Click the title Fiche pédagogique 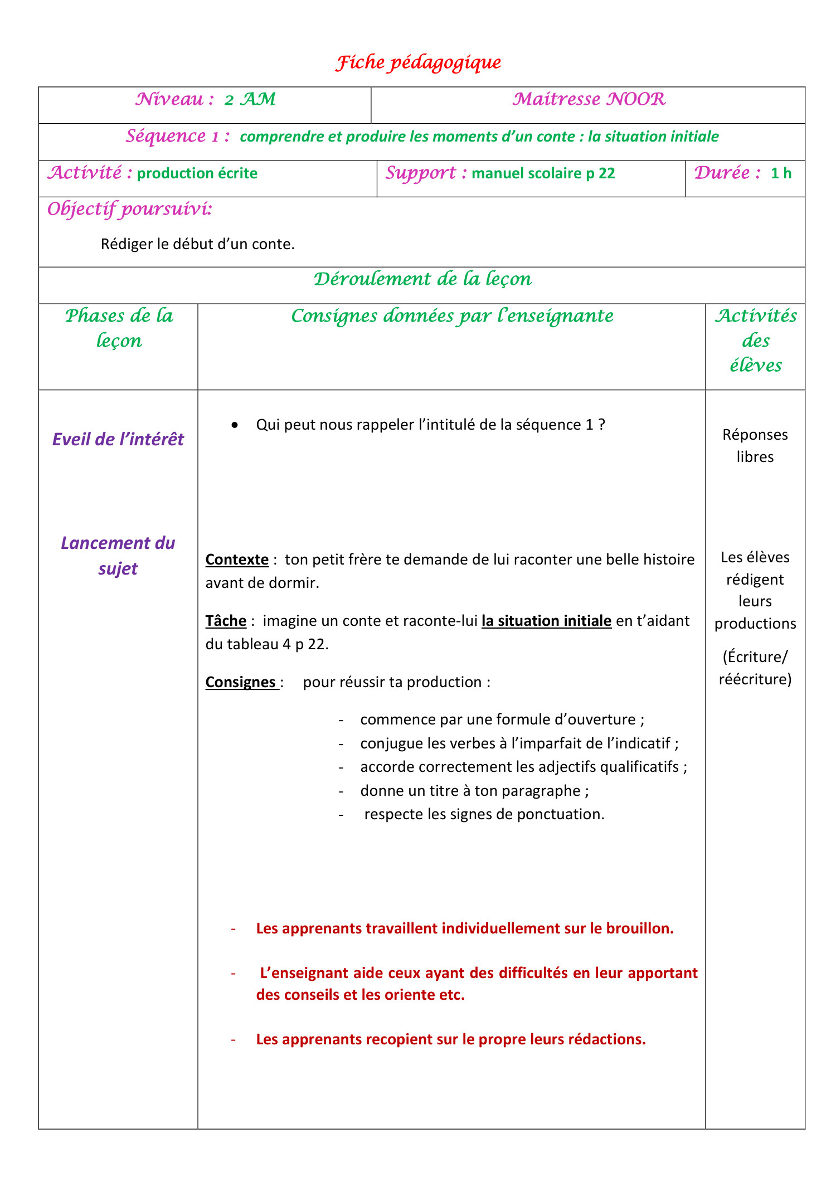pyautogui.click(x=418, y=62)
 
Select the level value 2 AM pyautogui.click(x=250, y=100)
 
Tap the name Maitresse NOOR pyautogui.click(x=589, y=100)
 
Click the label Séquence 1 pyautogui.click(x=177, y=137)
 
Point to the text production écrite pyautogui.click(x=197, y=173)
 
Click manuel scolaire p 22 pyautogui.click(x=543, y=173)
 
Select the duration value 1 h pyautogui.click(x=781, y=173)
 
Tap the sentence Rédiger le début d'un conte pyautogui.click(x=197, y=244)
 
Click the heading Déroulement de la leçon pyautogui.click(x=422, y=279)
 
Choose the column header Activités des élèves pyautogui.click(x=755, y=341)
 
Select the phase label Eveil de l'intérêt pyautogui.click(x=118, y=440)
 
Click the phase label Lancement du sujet pyautogui.click(x=118, y=556)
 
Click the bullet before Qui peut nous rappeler pyautogui.click(x=235, y=425)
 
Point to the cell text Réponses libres pyautogui.click(x=755, y=445)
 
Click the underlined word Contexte pyautogui.click(x=237, y=560)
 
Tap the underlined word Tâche pyautogui.click(x=226, y=621)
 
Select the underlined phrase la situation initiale pyautogui.click(x=546, y=621)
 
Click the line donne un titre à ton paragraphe pyautogui.click(x=474, y=791)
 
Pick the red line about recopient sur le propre pyautogui.click(x=450, y=1039)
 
